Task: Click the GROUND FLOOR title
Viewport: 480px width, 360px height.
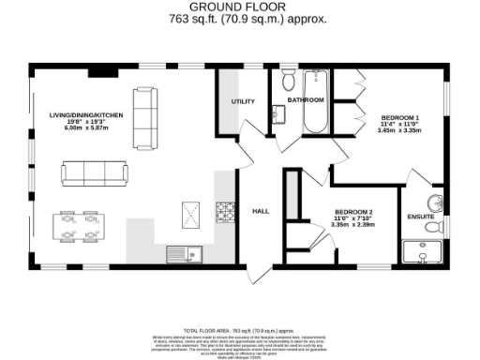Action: pos(240,7)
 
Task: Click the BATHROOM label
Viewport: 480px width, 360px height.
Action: pos(306,99)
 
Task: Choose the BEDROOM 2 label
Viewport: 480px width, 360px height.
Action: pos(353,212)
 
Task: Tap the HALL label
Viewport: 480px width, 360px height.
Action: pos(261,211)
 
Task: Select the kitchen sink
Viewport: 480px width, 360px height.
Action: pos(181,253)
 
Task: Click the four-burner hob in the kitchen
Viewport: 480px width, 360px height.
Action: pos(225,212)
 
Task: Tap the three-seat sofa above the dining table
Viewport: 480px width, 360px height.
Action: pos(95,172)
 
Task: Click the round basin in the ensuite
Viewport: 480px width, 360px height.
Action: pos(436,205)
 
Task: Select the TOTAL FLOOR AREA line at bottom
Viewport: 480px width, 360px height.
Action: pos(239,331)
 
